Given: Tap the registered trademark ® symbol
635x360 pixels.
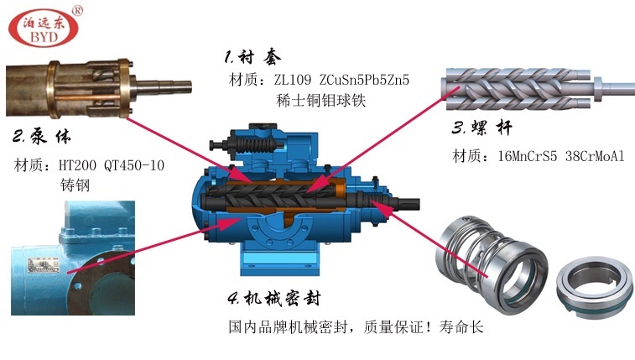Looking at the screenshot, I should click(x=78, y=11).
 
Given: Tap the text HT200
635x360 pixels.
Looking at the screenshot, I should click(x=80, y=165).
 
